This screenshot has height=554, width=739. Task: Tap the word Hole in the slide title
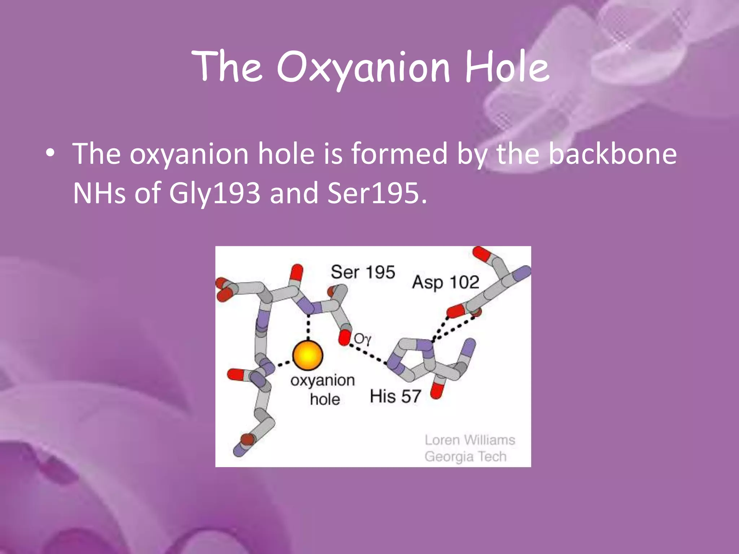507,67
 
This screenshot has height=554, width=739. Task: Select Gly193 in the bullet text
214,193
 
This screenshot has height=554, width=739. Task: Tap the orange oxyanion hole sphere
307,356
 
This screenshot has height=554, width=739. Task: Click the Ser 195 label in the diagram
363,272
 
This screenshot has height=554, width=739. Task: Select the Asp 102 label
446,282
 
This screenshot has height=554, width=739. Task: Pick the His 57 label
395,396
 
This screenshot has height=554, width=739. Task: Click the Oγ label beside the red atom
362,339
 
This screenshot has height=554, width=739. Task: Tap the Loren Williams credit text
470,440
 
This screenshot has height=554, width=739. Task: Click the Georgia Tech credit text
465,457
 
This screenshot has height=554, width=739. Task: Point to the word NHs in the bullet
99,193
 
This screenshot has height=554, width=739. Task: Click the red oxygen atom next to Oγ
345,338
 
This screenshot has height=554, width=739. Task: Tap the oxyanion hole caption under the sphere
323,390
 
